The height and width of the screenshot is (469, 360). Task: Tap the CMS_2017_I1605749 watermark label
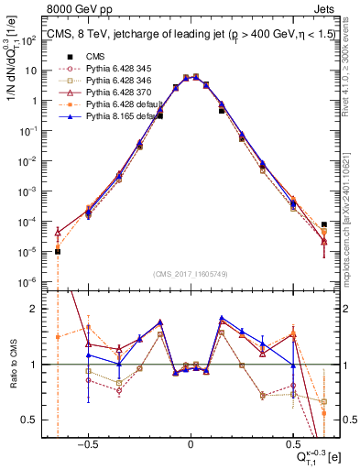(x=190, y=273)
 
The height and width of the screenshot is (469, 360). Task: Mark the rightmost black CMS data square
(x=324, y=224)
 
